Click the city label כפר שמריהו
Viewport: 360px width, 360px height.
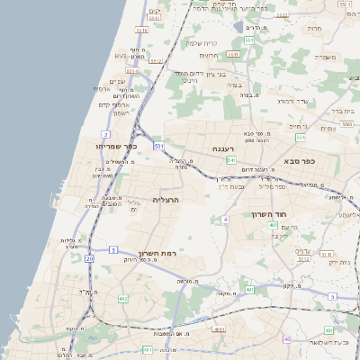[112, 146]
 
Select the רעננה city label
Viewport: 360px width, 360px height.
[224, 148]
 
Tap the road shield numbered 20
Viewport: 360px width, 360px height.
[90, 259]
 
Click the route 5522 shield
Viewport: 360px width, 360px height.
[283, 15]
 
